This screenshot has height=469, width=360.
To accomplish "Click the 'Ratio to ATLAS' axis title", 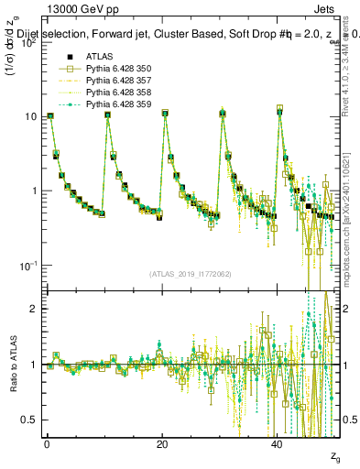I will pos(12,365).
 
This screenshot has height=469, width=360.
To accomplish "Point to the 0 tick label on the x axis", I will pos(48,442).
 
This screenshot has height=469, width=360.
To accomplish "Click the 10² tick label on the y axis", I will pos(28,42).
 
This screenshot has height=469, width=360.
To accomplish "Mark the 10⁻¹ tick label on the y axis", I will pos(28,266).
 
